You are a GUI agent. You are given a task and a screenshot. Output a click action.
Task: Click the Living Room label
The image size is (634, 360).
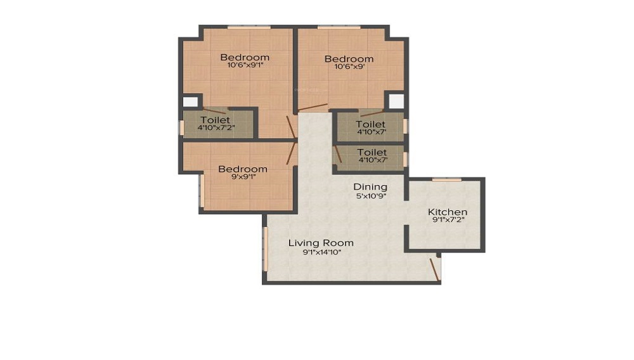321,243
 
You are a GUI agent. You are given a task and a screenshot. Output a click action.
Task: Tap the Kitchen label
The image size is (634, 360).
448,212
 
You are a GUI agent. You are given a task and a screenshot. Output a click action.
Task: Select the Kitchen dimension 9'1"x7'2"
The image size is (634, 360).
448,221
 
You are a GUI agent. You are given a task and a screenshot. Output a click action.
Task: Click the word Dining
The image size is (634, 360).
370,187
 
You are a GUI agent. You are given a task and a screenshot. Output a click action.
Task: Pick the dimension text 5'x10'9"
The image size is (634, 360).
371,196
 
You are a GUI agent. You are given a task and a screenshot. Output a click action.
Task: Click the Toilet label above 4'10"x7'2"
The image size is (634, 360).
216,119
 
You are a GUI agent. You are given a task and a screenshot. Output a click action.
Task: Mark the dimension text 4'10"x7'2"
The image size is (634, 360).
216,128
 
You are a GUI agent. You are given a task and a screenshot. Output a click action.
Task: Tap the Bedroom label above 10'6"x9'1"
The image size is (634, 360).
245,57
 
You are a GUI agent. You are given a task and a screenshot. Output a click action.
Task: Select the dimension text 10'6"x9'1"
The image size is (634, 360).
245,65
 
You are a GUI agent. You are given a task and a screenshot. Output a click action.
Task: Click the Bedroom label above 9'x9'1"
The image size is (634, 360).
243,169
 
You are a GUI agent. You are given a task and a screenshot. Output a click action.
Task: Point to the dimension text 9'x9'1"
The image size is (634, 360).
243,177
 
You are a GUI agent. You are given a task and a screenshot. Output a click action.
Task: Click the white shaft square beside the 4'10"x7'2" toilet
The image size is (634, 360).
190,101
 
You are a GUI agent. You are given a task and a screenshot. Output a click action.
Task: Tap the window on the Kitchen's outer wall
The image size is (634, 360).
446,180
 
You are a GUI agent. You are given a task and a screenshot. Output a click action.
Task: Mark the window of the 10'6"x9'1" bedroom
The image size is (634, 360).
249,27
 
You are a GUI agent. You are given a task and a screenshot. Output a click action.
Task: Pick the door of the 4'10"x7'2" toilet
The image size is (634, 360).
214,111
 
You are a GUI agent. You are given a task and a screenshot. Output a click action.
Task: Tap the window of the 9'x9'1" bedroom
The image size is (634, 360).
202,190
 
